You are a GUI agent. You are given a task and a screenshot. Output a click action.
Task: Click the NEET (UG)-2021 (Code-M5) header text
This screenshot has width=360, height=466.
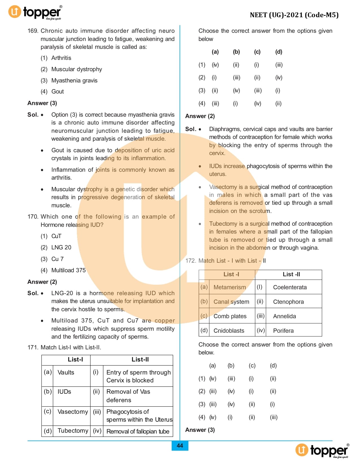click(x=294, y=15)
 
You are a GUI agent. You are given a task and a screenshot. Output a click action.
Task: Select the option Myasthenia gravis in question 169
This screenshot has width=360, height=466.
click(x=74, y=80)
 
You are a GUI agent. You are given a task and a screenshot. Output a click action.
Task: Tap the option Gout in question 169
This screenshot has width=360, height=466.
click(x=58, y=92)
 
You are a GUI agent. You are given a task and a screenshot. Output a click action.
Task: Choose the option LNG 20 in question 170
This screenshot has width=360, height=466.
click(x=61, y=247)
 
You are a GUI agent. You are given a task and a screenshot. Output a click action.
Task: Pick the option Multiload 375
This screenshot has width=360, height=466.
click(x=68, y=270)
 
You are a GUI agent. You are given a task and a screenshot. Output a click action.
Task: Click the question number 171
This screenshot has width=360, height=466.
click(x=33, y=347)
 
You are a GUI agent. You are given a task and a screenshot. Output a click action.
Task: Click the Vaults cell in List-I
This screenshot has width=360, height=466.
click(x=66, y=373)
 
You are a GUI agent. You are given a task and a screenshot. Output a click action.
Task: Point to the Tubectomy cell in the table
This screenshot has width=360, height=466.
click(x=73, y=431)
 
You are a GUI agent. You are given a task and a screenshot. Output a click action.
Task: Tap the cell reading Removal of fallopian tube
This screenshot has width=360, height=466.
click(x=138, y=432)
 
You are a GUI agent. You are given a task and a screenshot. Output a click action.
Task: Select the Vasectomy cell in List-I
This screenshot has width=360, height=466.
click(x=73, y=412)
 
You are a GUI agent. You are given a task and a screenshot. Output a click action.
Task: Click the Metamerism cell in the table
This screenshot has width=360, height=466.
click(x=230, y=287)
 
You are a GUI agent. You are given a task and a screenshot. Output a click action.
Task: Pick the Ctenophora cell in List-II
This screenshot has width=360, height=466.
click(x=288, y=302)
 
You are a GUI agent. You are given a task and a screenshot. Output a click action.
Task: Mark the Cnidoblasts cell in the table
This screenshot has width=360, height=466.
click(x=229, y=331)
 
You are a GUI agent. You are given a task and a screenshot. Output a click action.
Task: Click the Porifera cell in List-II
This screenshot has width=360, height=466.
click(x=283, y=331)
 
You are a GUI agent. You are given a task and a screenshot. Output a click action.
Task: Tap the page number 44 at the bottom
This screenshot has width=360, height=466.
click(x=180, y=446)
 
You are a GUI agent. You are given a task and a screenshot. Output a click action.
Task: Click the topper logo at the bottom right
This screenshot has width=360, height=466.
click(x=322, y=450)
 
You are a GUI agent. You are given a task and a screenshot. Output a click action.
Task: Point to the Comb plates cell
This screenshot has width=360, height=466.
click(x=230, y=316)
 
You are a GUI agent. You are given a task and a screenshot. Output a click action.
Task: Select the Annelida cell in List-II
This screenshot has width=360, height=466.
click(x=284, y=316)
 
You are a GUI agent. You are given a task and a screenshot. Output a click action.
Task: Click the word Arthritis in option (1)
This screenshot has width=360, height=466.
click(x=61, y=58)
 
